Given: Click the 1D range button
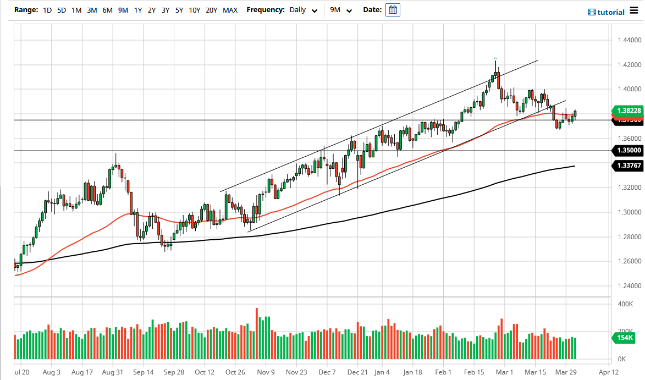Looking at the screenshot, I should pos(47,10).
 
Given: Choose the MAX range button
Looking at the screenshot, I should pos(230,10).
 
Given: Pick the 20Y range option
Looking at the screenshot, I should pos(211,10).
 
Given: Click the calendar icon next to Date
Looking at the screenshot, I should pos(393,10).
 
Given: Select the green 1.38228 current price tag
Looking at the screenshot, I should pos(627,111).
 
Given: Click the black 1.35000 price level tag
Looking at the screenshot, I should pos(627,150).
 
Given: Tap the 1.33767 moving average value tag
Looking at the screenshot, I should pos(627,165).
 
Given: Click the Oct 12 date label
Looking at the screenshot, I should pos(205,372).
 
